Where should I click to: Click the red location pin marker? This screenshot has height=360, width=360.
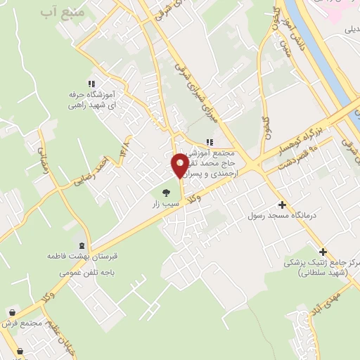pos(180,165)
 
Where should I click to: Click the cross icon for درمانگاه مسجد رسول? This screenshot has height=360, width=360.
pos(282,205)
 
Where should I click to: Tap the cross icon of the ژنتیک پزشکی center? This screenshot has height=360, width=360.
pos(323,252)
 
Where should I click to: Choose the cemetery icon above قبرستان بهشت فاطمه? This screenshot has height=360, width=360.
pos(83,246)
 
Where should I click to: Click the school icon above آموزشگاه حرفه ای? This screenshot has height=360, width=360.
pos(90,83)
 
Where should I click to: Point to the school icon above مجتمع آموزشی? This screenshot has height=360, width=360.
pos(209,142)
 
